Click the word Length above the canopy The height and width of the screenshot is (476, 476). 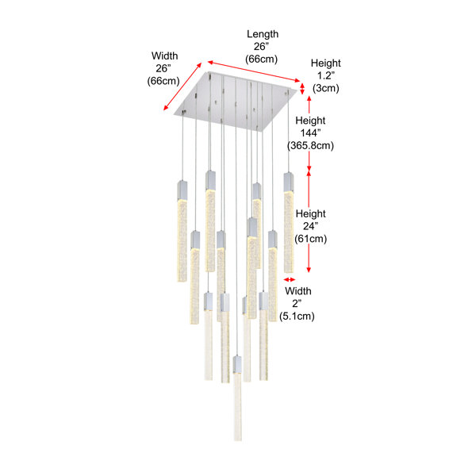pyautogui.click(x=263, y=34)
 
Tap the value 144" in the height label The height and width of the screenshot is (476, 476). pyautogui.click(x=310, y=133)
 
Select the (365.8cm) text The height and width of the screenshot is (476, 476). pyautogui.click(x=310, y=146)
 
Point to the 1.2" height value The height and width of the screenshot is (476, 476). pyautogui.click(x=326, y=75)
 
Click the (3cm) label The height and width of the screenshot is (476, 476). pyautogui.click(x=326, y=88)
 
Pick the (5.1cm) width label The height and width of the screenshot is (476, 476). pyautogui.click(x=297, y=317)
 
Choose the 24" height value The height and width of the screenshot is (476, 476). pyautogui.click(x=310, y=226)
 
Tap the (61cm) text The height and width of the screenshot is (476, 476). pyautogui.click(x=310, y=239)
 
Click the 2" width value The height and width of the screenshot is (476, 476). pyautogui.click(x=297, y=304)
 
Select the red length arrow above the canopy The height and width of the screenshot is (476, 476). pyautogui.click(x=254, y=71)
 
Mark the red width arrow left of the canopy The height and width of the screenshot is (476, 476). pyautogui.click(x=182, y=86)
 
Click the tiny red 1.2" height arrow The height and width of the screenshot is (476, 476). pyautogui.click(x=302, y=89)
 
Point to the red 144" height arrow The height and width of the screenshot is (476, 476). pyautogui.click(x=309, y=133)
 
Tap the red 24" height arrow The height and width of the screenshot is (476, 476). pyautogui.click(x=309, y=221)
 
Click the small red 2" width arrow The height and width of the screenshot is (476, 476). pyautogui.click(x=290, y=279)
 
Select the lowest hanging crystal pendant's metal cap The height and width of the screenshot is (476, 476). pyautogui.click(x=237, y=365)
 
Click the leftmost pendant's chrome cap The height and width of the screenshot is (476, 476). pyautogui.click(x=182, y=190)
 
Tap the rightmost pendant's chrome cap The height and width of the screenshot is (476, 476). pyautogui.click(x=289, y=182)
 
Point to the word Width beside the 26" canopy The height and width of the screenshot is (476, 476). pyautogui.click(x=164, y=56)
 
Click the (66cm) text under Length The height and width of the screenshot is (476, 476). pyautogui.click(x=261, y=59)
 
